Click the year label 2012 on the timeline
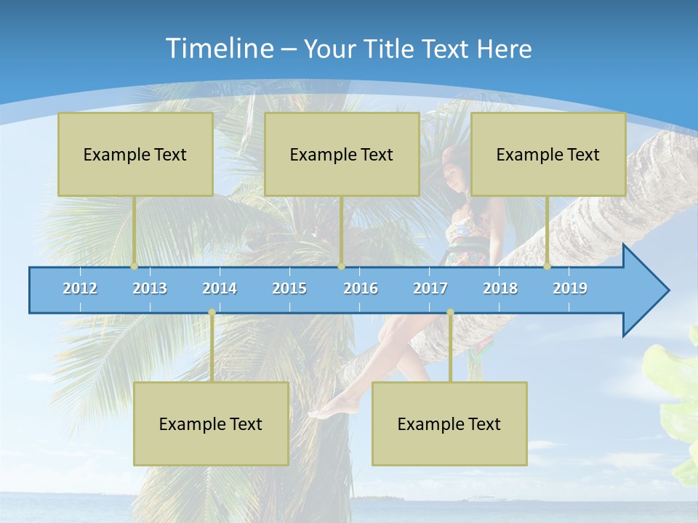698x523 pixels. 80,288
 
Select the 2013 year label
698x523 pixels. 150,288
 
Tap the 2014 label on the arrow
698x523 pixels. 220,288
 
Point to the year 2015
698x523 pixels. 289,288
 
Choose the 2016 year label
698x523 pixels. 361,288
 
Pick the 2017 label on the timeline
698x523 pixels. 430,288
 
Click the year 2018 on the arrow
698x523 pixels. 500,288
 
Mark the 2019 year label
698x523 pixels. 570,288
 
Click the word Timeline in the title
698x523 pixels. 218,49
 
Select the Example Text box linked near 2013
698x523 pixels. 135,154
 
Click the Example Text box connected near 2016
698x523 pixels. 342,154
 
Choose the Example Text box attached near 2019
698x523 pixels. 548,154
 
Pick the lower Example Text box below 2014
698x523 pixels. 211,423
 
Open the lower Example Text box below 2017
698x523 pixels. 449,423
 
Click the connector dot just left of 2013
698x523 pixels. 134,267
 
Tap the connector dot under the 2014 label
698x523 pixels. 212,312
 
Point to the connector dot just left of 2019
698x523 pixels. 547,267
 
